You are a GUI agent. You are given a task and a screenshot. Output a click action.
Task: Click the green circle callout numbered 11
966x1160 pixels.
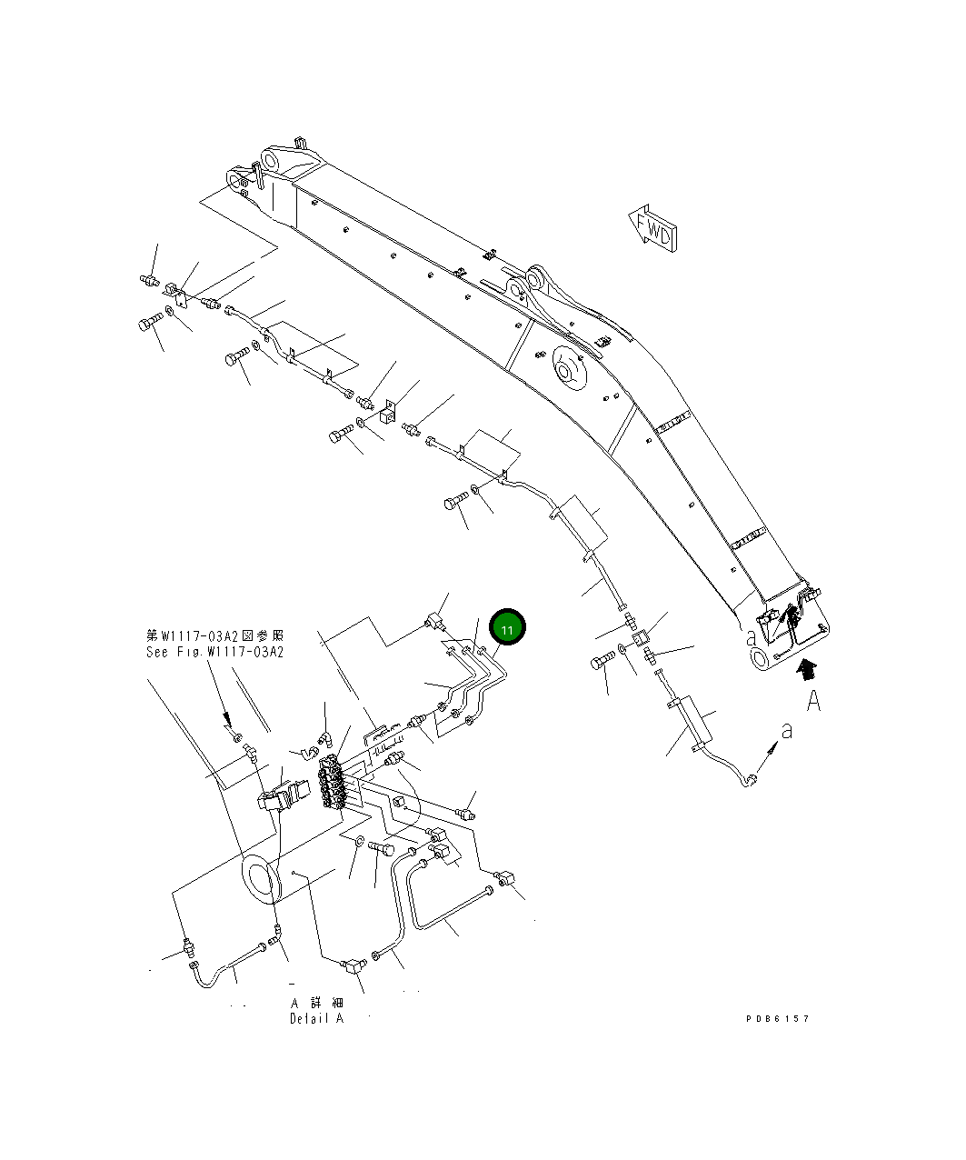pos(507,628)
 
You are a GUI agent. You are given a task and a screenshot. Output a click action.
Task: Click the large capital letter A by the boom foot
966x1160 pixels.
pos(813,701)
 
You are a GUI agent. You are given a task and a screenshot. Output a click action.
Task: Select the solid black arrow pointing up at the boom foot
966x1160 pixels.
pos(804,671)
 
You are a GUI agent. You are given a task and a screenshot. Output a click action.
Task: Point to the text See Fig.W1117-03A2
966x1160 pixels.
pos(215,652)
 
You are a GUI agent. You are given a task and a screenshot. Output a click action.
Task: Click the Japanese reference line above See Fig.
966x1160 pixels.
pos(215,635)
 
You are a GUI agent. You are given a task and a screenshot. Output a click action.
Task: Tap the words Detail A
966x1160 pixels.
pos(317,1019)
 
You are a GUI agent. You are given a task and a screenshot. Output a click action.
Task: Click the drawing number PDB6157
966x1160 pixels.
pos(777,1019)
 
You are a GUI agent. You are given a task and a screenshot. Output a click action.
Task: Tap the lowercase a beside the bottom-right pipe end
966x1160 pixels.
pos(787,730)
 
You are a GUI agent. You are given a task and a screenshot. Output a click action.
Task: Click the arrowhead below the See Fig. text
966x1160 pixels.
pos(230,721)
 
